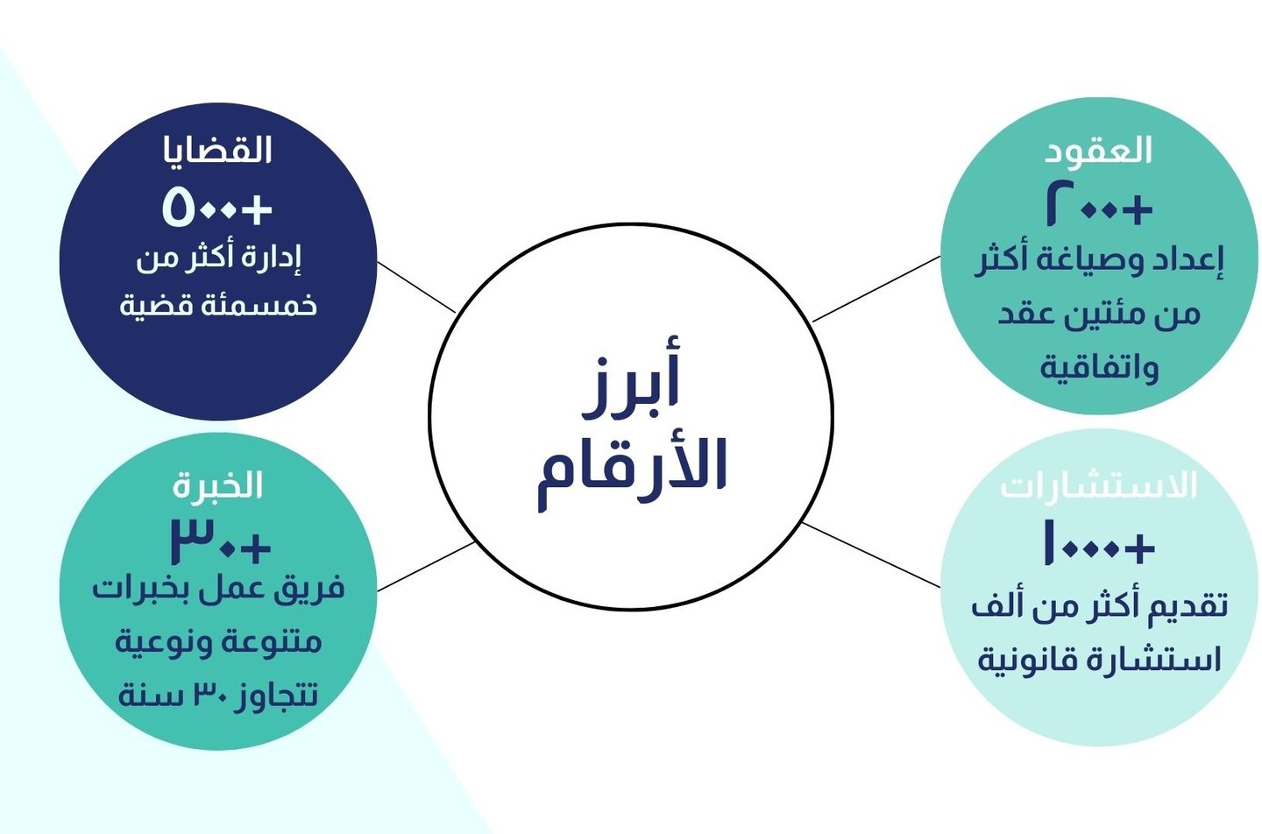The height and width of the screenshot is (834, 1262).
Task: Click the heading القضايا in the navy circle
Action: (218, 151)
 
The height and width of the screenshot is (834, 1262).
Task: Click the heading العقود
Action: (1098, 151)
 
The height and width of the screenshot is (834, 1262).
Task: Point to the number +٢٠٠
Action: (1098, 207)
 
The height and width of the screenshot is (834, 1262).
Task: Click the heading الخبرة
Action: (218, 485)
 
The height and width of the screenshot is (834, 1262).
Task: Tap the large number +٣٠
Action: (220, 543)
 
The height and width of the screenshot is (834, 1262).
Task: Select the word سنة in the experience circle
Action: (150, 696)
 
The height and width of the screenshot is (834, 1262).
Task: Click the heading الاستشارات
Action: (1098, 485)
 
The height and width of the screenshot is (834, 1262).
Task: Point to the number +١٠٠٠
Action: (1098, 543)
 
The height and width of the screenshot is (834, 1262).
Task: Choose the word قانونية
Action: (1026, 660)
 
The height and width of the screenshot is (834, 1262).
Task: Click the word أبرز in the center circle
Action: (631, 385)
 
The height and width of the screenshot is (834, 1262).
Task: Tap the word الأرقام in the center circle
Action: (631, 466)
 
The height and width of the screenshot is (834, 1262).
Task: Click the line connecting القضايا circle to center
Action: (416, 286)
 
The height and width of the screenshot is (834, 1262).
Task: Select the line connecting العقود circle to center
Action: (876, 289)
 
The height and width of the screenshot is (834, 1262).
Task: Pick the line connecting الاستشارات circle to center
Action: (871, 555)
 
